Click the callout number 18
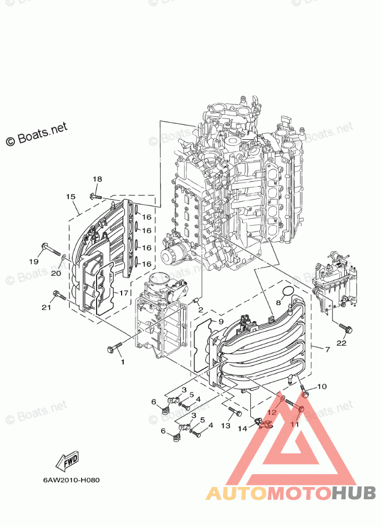[97, 179]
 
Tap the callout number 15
[70, 197]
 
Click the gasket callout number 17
[123, 293]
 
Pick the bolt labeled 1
[115, 348]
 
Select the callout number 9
[220, 322]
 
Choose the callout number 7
[327, 349]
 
